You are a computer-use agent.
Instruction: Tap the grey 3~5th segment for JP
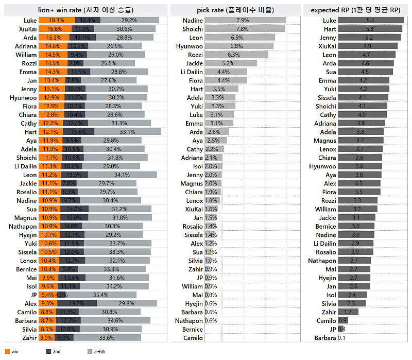[101, 295]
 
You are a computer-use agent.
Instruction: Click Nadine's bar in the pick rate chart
[245, 20]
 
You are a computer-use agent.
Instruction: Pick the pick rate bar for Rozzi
[236, 55]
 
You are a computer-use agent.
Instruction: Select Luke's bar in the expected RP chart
[371, 20]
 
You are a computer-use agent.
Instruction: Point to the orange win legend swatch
[7, 352]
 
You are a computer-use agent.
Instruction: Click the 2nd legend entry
[51, 352]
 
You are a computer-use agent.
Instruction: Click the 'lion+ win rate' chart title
[85, 9]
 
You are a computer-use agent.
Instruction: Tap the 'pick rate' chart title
[235, 9]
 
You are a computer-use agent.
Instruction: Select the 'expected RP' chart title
[356, 9]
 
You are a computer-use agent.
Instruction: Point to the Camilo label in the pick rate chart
[193, 338]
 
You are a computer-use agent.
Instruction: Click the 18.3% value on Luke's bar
[57, 20]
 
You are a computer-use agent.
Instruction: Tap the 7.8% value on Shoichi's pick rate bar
[243, 29]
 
